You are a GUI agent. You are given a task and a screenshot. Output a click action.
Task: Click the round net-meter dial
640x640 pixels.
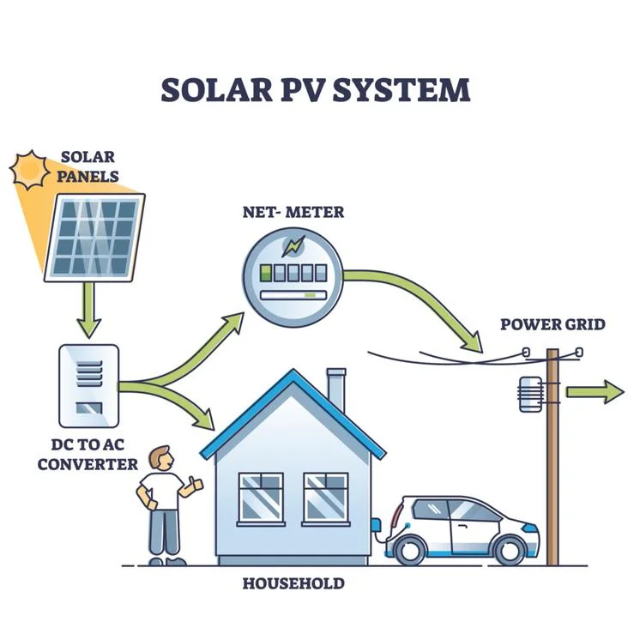click(294, 269)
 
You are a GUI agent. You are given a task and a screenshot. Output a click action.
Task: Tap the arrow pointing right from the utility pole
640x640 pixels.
click(594, 392)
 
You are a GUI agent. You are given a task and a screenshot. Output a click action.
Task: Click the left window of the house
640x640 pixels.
click(260, 498)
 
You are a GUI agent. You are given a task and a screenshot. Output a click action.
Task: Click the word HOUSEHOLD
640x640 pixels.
click(293, 583)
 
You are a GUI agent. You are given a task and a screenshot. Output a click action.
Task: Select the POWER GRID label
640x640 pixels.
click(552, 324)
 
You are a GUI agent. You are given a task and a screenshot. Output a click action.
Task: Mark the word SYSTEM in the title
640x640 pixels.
click(407, 90)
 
